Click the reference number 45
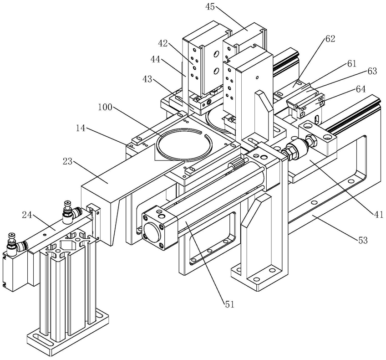(x=210, y=7)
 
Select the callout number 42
(x=163, y=44)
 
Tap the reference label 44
(x=155, y=59)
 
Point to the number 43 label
(x=147, y=80)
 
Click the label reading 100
(x=105, y=107)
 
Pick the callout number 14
(x=80, y=128)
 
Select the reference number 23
(x=68, y=162)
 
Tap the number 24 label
(x=27, y=215)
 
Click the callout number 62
(x=330, y=39)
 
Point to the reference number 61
(x=351, y=64)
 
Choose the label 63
(x=372, y=71)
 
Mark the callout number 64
(x=361, y=89)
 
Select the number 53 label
(x=363, y=240)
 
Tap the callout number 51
(x=229, y=305)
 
